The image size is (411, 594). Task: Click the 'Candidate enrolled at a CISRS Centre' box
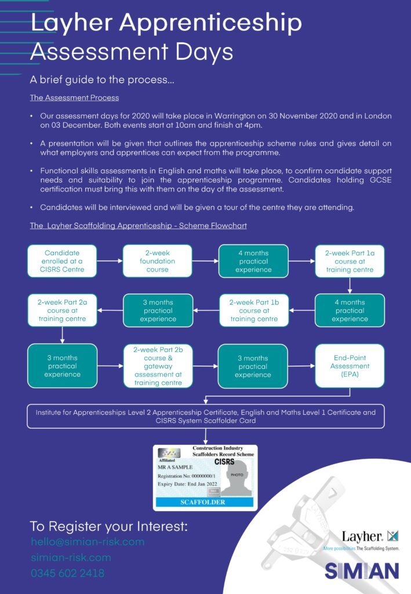tap(62, 261)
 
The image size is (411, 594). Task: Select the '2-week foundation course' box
tap(158, 261)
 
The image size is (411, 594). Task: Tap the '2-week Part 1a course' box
tap(350, 261)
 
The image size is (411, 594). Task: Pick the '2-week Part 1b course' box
tap(254, 310)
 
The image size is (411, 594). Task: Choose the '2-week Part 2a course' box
tap(62, 310)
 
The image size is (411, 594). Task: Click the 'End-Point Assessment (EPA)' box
tap(350, 366)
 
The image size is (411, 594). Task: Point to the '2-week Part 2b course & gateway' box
tap(158, 366)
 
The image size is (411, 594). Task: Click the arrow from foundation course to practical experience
tap(205, 261)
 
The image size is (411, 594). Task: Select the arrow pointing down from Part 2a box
tap(62, 335)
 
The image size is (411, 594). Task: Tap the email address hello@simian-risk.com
tap(88, 542)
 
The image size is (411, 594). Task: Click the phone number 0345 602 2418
tap(68, 573)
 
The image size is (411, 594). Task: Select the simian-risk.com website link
tap(71, 557)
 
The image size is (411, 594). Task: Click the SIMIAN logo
tap(362, 571)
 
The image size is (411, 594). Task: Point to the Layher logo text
tap(362, 537)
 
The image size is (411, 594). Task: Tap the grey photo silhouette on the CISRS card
tap(237, 477)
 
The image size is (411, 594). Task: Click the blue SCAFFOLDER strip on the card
tap(205, 502)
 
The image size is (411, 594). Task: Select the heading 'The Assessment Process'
tap(75, 97)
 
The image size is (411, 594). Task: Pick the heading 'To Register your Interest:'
tap(108, 526)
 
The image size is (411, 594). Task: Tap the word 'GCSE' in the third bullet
tap(380, 180)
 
